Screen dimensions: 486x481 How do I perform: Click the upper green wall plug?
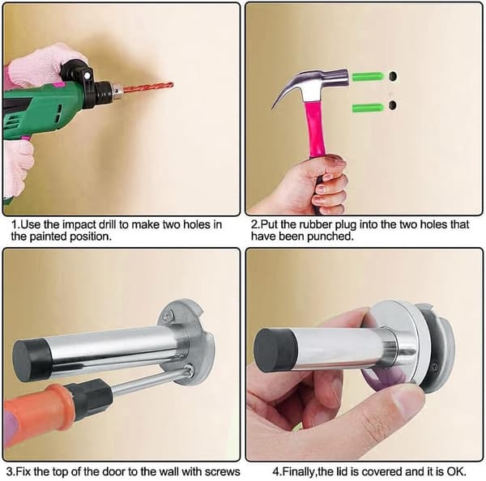(x=368, y=76)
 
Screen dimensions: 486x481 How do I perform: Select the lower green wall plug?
(x=368, y=109)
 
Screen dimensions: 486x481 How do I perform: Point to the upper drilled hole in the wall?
(x=393, y=76)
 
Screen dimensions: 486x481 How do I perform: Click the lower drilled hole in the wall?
(x=393, y=105)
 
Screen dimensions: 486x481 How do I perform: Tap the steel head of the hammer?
(x=313, y=84)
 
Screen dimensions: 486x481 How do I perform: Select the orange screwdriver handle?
(x=37, y=408)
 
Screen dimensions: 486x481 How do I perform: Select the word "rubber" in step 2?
(x=313, y=224)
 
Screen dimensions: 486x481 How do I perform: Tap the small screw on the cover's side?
(x=436, y=366)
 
